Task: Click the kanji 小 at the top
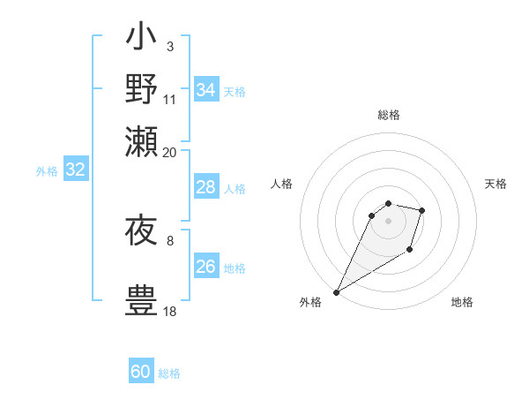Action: [141, 39]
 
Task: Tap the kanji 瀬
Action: [141, 140]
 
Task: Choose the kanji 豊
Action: [141, 298]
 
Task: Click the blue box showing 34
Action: [206, 90]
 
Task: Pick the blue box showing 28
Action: [206, 187]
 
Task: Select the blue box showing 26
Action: [206, 267]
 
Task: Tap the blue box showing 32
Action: [75, 170]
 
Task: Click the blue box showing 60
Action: [141, 372]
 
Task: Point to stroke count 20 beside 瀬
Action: [170, 152]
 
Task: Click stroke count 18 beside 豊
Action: [170, 311]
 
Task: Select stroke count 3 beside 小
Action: [170, 46]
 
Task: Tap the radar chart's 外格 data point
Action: [337, 292]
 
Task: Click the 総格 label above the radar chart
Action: [388, 115]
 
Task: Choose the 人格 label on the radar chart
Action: [281, 184]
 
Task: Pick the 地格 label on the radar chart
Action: [462, 302]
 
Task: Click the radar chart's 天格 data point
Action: [422, 210]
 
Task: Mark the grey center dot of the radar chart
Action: [388, 220]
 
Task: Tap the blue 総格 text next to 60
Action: [169, 373]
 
